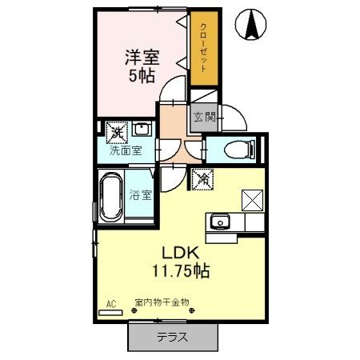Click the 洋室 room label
tap(142, 58)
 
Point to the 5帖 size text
tap(142, 78)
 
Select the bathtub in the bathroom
tap(110, 198)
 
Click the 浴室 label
tap(141, 194)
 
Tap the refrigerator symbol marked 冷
tap(203, 181)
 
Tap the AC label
tap(111, 305)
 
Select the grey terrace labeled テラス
tap(173, 338)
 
